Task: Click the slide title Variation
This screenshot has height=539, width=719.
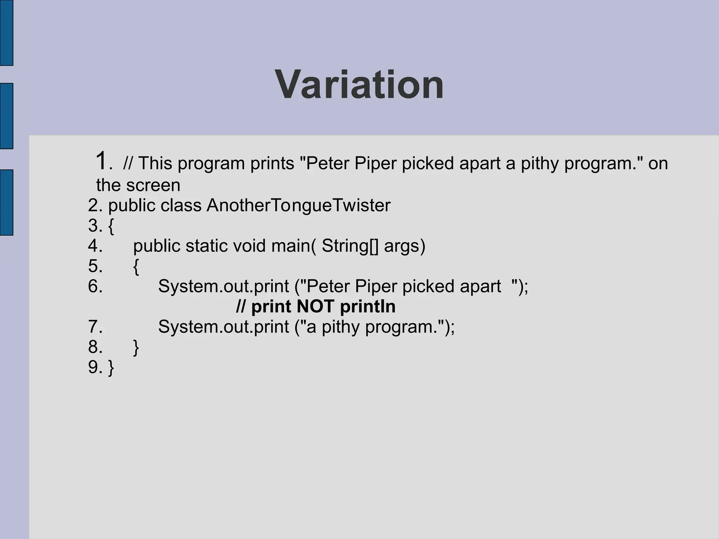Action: tap(359, 85)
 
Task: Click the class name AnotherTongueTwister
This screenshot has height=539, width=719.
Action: tap(298, 205)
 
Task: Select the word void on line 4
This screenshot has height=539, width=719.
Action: tap(249, 246)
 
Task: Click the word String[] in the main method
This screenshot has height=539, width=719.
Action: tap(350, 246)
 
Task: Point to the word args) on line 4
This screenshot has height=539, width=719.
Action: tap(404, 246)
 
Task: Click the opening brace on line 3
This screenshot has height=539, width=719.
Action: tap(111, 226)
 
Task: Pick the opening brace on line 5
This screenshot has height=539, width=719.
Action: tap(136, 267)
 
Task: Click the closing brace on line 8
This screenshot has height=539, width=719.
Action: tap(136, 347)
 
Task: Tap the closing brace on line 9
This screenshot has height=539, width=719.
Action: tap(111, 368)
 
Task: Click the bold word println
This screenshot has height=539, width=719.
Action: tap(368, 307)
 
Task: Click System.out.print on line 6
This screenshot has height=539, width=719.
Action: tap(223, 286)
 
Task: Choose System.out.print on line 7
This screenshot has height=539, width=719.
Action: tap(223, 327)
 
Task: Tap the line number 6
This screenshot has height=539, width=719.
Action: tap(95, 286)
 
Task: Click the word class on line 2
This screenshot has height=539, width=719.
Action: tap(181, 205)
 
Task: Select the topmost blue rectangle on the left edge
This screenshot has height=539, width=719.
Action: tap(6, 33)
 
